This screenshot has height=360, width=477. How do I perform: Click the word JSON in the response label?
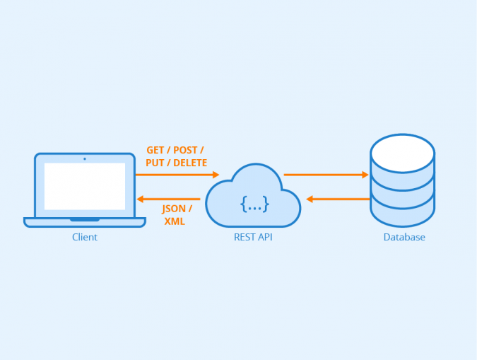point(173,209)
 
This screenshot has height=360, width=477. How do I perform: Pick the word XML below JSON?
point(175,221)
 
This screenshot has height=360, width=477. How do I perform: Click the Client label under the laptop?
point(85,238)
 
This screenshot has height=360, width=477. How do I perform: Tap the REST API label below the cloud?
point(253,238)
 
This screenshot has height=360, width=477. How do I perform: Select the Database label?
point(404,238)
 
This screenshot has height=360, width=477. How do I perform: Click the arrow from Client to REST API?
point(177,175)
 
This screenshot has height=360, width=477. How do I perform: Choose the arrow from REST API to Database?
point(326,175)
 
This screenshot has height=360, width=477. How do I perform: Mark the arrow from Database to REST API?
point(338,199)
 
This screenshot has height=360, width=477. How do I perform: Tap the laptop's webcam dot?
point(85,158)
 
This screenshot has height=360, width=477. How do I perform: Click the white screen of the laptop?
point(85,186)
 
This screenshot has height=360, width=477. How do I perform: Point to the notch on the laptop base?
point(85,220)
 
